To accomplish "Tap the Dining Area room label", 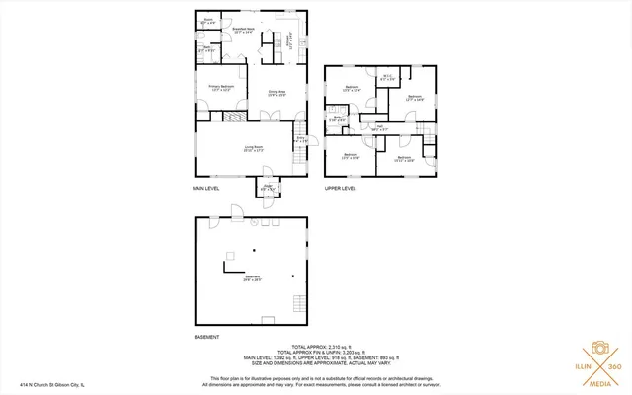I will tap(277, 93).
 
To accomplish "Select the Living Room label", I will tap(254, 149).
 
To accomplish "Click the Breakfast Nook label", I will tap(244, 31).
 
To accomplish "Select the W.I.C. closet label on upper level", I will tap(389, 79).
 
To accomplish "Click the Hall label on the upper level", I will tap(379, 127).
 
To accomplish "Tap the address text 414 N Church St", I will tap(52, 384).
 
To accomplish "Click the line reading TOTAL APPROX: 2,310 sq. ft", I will tap(315, 347).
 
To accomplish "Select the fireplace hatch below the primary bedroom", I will tap(231, 116).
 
